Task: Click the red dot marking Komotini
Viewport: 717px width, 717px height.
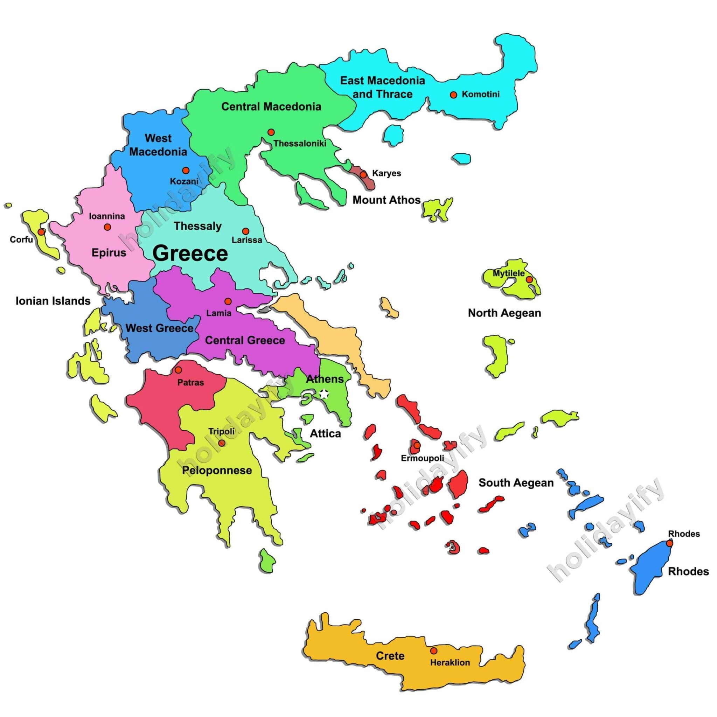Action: pyautogui.click(x=453, y=95)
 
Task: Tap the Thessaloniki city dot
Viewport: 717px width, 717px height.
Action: pyautogui.click(x=271, y=132)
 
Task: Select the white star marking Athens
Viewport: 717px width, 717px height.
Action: pyautogui.click(x=324, y=394)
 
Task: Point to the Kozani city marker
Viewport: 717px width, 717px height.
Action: pyautogui.click(x=186, y=170)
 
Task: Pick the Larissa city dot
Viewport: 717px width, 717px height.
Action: pyautogui.click(x=245, y=231)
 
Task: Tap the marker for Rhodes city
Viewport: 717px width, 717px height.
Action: pyautogui.click(x=669, y=543)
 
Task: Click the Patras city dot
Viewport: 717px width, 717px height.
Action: pyautogui.click(x=178, y=370)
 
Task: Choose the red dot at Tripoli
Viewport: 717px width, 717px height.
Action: pyautogui.click(x=222, y=443)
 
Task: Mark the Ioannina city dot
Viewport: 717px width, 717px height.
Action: pyautogui.click(x=107, y=227)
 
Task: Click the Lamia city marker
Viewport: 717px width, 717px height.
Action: pyautogui.click(x=228, y=301)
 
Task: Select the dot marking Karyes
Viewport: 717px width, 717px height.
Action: pyautogui.click(x=363, y=174)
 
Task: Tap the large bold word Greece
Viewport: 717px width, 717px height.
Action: pyautogui.click(x=190, y=253)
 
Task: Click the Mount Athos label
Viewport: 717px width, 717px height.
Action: pyautogui.click(x=387, y=200)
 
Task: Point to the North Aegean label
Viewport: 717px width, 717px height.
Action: pyautogui.click(x=504, y=313)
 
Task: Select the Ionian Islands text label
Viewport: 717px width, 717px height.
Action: pyautogui.click(x=53, y=301)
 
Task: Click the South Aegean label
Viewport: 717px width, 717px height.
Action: pyautogui.click(x=516, y=482)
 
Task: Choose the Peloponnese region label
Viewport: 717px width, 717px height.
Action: pyautogui.click(x=217, y=470)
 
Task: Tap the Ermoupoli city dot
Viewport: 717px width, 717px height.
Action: pyautogui.click(x=417, y=445)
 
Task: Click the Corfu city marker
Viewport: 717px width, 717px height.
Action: pyautogui.click(x=42, y=231)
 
